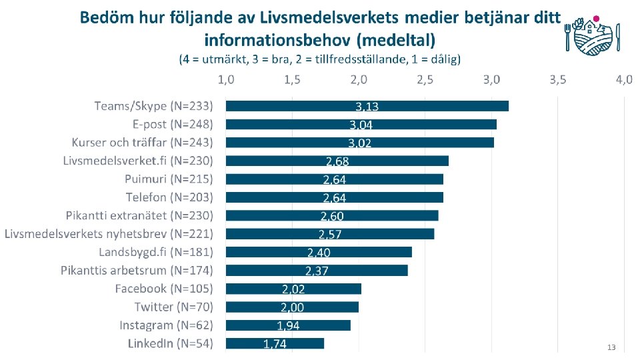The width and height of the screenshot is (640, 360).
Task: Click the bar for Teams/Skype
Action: tap(367, 106)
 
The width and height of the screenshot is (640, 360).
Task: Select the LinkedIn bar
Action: tap(275, 344)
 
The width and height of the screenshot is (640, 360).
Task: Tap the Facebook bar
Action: tap(293, 289)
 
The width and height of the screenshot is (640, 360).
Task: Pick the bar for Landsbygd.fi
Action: tap(319, 252)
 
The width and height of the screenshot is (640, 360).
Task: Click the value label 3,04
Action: tap(361, 125)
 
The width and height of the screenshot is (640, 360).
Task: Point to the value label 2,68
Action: tap(337, 161)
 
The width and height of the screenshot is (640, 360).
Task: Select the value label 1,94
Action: tap(288, 326)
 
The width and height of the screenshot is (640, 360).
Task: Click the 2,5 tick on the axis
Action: tap(425, 79)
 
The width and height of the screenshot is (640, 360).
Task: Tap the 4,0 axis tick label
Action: tap(624, 79)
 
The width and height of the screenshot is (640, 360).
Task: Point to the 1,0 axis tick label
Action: tap(226, 79)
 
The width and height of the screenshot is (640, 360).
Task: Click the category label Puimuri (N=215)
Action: tap(169, 179)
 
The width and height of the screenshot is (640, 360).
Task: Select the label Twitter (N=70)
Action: tap(174, 307)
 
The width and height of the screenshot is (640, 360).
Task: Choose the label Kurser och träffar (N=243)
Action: tap(143, 143)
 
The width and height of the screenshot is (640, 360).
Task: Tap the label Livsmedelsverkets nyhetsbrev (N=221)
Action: tap(109, 234)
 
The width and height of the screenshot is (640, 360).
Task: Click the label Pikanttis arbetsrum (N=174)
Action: tap(137, 271)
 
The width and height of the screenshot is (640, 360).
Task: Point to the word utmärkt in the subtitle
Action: tap(225, 59)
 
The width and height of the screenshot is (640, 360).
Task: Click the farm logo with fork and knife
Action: tap(593, 36)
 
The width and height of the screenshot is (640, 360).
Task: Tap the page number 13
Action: tap(611, 347)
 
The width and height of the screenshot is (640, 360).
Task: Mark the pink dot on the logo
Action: tap(596, 19)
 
